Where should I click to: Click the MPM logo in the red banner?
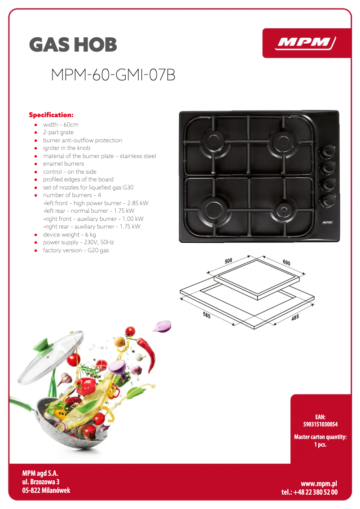click(x=306, y=43)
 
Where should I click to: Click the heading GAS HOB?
click(x=73, y=45)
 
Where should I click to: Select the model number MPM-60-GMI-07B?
click(x=113, y=75)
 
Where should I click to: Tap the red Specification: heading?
click(x=51, y=115)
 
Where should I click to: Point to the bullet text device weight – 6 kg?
click(x=69, y=234)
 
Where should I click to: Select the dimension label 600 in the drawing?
click(x=286, y=262)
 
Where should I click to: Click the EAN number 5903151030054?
click(x=320, y=424)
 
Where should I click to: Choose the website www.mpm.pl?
click(x=319, y=483)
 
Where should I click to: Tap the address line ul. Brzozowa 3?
click(x=41, y=482)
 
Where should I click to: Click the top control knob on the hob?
click(x=326, y=152)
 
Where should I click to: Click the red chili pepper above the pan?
click(x=148, y=350)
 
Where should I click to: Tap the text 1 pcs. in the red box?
click(x=320, y=445)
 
